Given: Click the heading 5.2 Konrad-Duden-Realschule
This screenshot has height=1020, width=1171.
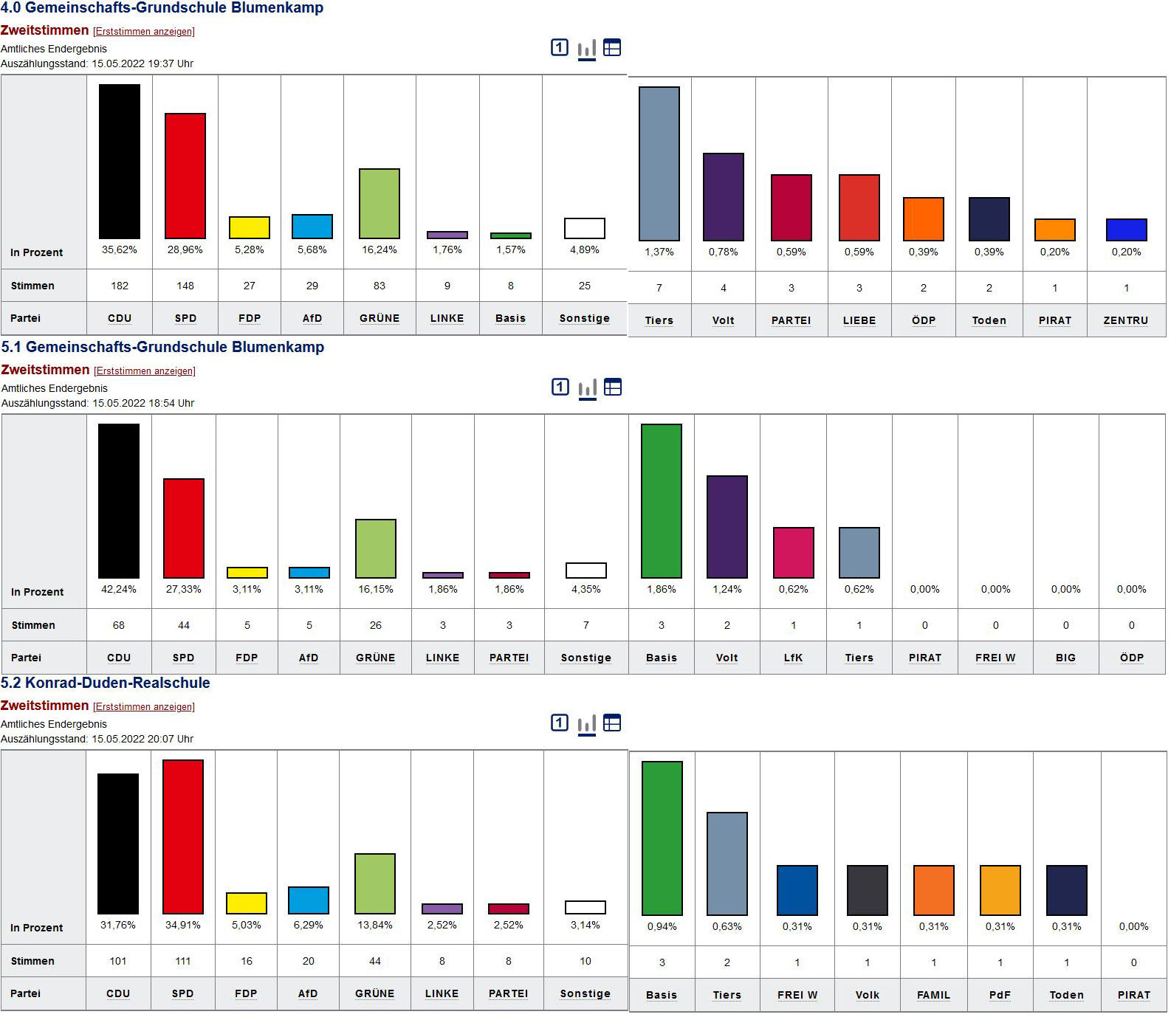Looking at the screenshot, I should pyautogui.click(x=106, y=683).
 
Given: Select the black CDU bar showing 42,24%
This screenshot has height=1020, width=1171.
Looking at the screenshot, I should pyautogui.click(x=119, y=500).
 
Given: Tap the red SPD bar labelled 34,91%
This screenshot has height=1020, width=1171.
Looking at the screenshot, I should pyautogui.click(x=183, y=836).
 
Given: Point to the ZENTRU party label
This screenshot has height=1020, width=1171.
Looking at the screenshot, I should pyautogui.click(x=1125, y=320).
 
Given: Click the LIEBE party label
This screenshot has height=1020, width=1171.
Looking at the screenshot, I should pyautogui.click(x=859, y=320).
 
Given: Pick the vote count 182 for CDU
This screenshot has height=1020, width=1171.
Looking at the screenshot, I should pyautogui.click(x=120, y=286).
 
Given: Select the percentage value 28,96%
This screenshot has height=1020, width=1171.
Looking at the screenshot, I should pyautogui.click(x=185, y=249).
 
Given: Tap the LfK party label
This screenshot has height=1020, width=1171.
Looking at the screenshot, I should pyautogui.click(x=793, y=658).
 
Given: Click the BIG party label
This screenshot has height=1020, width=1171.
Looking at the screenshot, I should pyautogui.click(x=1065, y=658).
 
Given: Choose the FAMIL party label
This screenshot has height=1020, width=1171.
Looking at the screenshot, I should pyautogui.click(x=933, y=995).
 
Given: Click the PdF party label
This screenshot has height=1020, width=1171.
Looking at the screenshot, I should pyautogui.click(x=1000, y=995).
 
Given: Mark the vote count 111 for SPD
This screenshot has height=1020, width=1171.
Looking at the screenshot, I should pyautogui.click(x=183, y=961).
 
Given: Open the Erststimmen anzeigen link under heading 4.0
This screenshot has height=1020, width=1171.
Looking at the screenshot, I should pyautogui.click(x=144, y=32).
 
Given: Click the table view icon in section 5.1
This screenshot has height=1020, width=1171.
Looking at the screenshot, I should pyautogui.click(x=613, y=387).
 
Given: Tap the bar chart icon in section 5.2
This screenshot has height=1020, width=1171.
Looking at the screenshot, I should pyautogui.click(x=586, y=724).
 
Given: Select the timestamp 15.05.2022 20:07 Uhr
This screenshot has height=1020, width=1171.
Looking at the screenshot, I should pyautogui.click(x=142, y=739).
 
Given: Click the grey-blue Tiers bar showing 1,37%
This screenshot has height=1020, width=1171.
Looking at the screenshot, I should pyautogui.click(x=659, y=163).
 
